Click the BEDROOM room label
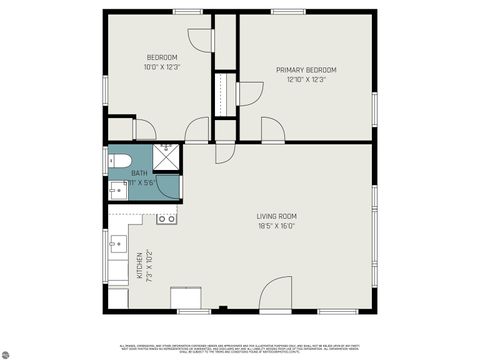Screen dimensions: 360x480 pyautogui.click(x=161, y=57)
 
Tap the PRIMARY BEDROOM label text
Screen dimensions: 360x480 pyautogui.click(x=306, y=69)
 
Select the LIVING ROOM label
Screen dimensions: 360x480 pyautogui.click(x=276, y=216)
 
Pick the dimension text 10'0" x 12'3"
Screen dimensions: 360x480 pyautogui.click(x=161, y=68)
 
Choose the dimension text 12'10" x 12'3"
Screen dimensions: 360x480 pyautogui.click(x=306, y=80)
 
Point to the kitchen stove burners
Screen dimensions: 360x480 pyautogui.click(x=167, y=218)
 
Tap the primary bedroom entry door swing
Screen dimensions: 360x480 pyautogui.click(x=272, y=130)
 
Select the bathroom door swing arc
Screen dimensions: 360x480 pyautogui.click(x=196, y=130)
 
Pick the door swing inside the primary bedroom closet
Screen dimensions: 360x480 pyautogui.click(x=250, y=93)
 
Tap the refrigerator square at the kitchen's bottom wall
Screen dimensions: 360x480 pyautogui.click(x=186, y=299)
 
